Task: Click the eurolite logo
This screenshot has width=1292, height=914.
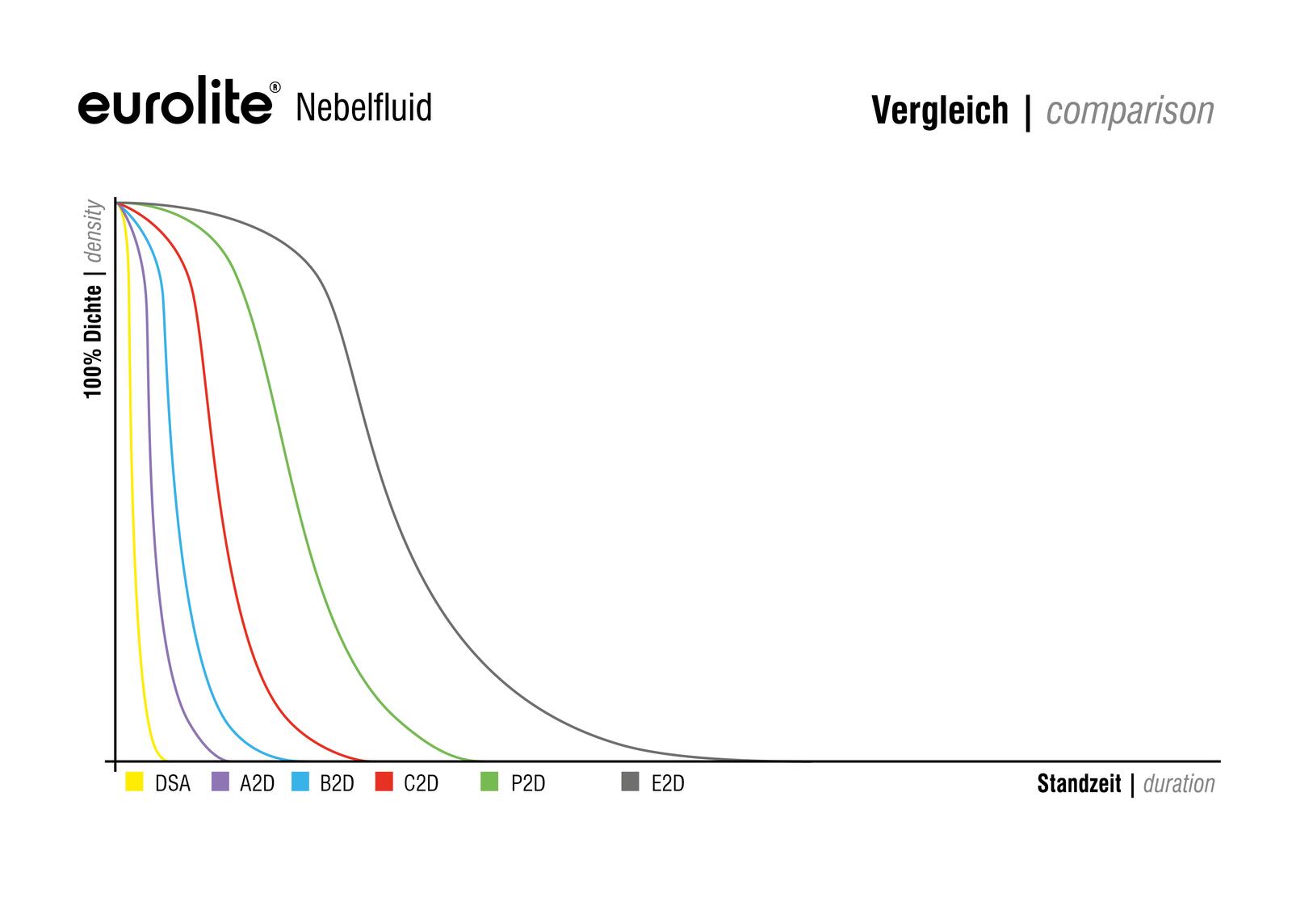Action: click(x=175, y=106)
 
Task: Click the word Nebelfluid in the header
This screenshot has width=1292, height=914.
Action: click(x=363, y=107)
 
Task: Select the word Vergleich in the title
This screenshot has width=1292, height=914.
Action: click(x=940, y=111)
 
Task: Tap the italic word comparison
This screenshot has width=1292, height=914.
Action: click(x=1130, y=111)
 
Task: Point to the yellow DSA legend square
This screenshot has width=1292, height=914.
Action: click(x=134, y=782)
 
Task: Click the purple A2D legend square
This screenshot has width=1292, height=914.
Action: click(x=220, y=782)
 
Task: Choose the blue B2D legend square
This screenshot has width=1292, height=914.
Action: click(x=300, y=782)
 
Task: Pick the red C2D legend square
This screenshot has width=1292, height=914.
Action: click(x=384, y=782)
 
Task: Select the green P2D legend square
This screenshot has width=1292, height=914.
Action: click(x=489, y=782)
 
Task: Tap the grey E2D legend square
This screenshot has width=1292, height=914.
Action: click(x=631, y=782)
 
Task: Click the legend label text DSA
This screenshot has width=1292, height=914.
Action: click(x=173, y=783)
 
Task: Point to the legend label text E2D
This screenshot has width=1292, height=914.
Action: click(x=668, y=783)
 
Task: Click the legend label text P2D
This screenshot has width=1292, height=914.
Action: click(x=528, y=783)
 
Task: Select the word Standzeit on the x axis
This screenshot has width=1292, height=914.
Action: click(x=1079, y=783)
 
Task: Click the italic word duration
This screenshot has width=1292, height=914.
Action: click(x=1179, y=783)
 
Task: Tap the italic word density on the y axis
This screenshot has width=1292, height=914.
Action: click(x=94, y=231)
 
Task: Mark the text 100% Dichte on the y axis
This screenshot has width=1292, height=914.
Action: click(x=94, y=341)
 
